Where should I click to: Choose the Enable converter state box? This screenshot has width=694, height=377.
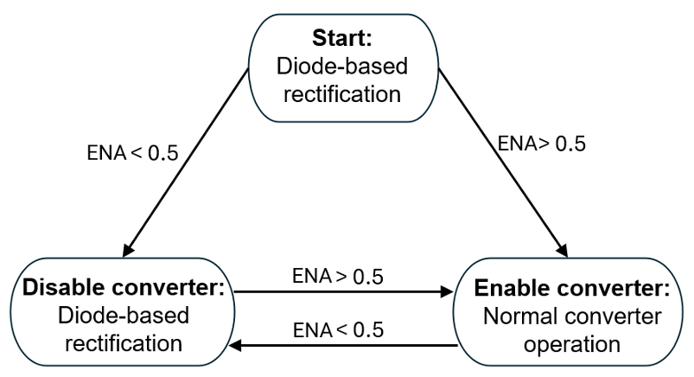(x=571, y=316)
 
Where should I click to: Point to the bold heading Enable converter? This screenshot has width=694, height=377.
(x=571, y=288)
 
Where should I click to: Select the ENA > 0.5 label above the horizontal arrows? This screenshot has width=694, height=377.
(x=338, y=278)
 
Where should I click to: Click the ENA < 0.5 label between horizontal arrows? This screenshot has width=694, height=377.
(x=338, y=330)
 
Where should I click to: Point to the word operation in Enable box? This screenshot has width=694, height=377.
(x=571, y=343)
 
